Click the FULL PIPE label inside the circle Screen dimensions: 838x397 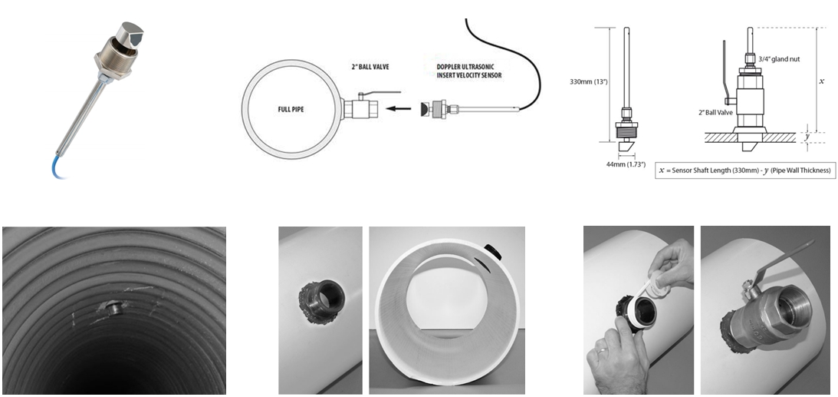tap(291, 110)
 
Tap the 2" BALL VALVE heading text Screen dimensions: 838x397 tap(366, 67)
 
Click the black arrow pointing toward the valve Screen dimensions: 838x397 tap(399, 108)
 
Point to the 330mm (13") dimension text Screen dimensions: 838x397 tap(588, 82)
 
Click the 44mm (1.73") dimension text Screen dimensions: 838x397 tap(626, 164)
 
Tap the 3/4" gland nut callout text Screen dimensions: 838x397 tap(779, 59)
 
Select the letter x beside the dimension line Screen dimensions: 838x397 tap(821, 81)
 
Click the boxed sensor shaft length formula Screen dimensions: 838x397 tap(745, 170)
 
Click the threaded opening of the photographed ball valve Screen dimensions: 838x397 tap(791, 309)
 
